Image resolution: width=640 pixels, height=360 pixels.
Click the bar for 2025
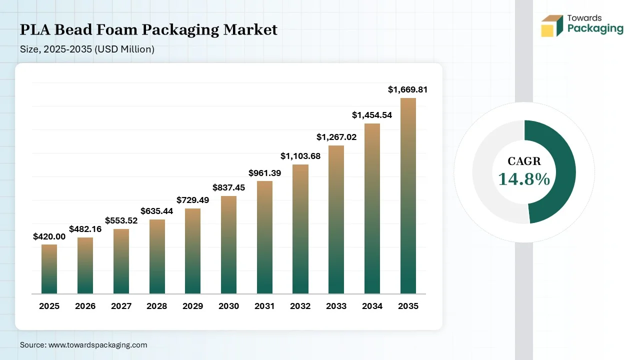(49, 269)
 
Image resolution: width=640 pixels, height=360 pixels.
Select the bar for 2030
(228, 245)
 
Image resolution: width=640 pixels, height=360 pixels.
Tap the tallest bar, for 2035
(408, 196)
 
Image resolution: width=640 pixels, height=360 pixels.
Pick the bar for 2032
(300, 229)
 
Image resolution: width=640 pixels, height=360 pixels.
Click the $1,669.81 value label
(408, 90)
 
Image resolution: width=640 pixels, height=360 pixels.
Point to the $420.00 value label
(49, 236)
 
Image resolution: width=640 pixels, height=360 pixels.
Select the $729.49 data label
(192, 200)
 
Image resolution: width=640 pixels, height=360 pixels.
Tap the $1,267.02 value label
(336, 137)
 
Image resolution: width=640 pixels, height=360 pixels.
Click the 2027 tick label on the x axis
(121, 306)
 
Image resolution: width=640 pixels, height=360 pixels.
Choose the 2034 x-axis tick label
(372, 306)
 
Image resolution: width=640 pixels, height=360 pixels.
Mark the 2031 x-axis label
(264, 306)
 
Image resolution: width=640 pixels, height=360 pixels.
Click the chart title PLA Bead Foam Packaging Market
(148, 30)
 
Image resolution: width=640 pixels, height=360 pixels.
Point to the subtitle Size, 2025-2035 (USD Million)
(87, 49)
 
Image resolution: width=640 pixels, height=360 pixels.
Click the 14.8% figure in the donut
(524, 179)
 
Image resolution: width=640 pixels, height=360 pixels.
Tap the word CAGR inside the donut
(524, 161)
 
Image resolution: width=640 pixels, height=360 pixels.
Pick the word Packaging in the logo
(595, 28)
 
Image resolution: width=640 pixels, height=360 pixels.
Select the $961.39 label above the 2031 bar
(264, 173)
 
